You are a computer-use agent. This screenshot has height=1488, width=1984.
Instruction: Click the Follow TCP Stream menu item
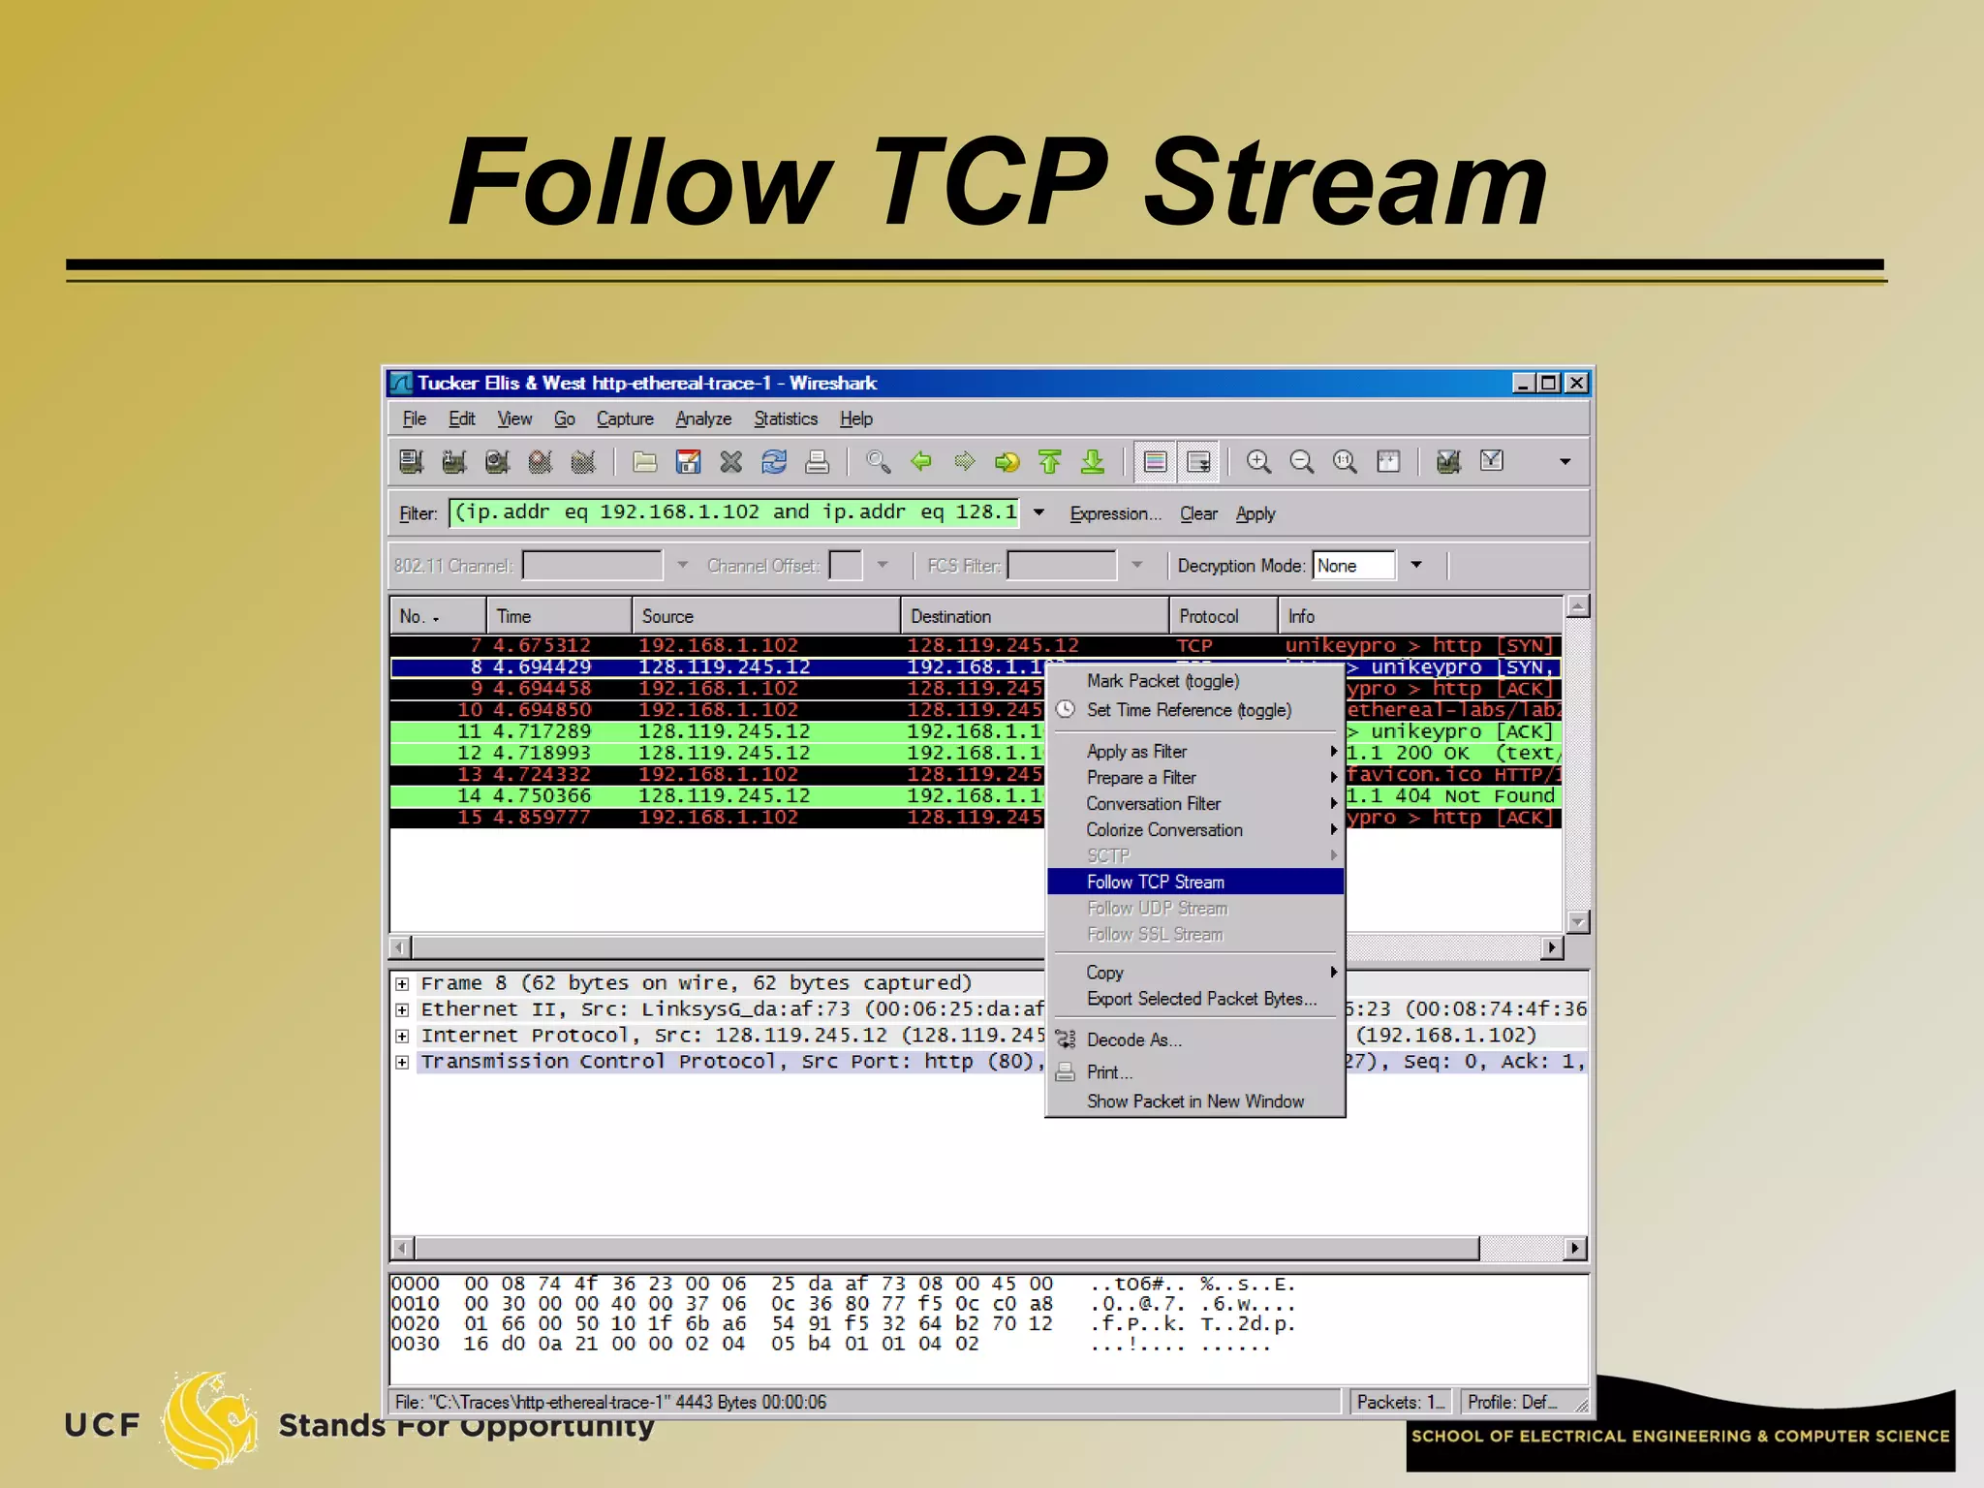(x=1155, y=882)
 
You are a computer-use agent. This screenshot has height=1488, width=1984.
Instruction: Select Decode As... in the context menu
(x=1133, y=1039)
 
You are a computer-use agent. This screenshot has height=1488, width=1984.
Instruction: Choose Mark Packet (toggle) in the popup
(x=1162, y=681)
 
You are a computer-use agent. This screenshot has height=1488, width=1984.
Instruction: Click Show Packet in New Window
(x=1194, y=1101)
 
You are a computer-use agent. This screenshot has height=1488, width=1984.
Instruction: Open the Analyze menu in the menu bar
(x=703, y=418)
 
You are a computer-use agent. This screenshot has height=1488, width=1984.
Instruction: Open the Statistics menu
(x=785, y=418)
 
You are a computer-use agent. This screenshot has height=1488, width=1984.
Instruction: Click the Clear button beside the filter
(x=1198, y=513)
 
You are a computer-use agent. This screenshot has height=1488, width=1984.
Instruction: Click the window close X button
(x=1577, y=383)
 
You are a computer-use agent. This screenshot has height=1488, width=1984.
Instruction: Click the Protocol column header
(x=1208, y=616)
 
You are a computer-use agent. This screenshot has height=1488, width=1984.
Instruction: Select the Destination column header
(x=950, y=616)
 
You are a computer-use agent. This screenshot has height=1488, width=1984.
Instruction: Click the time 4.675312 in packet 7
(x=542, y=645)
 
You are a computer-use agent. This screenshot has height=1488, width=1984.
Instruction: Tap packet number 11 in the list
(x=469, y=731)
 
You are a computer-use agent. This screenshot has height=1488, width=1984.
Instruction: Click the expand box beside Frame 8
(x=402, y=983)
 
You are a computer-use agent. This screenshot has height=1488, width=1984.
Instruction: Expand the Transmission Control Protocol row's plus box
(x=402, y=1062)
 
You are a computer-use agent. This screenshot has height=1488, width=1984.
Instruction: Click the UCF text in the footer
(x=102, y=1425)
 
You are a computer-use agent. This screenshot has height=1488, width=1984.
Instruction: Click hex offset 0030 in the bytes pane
(x=415, y=1344)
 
